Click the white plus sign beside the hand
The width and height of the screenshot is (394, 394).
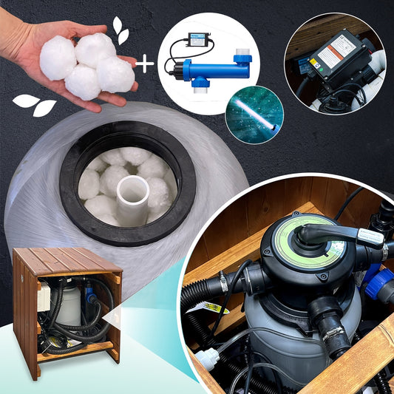click(146, 64)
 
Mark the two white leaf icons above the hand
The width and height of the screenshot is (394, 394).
click(120, 30)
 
